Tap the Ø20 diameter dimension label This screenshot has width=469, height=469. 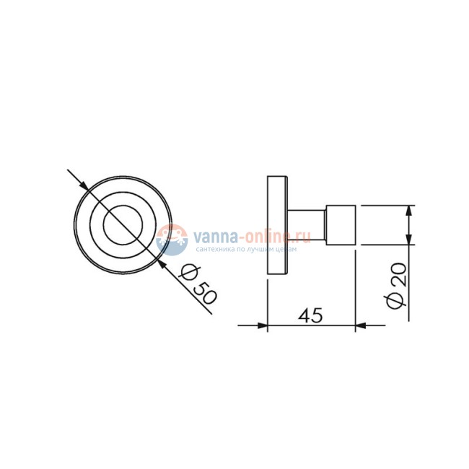(397, 284)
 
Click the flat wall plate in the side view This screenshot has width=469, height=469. (277, 225)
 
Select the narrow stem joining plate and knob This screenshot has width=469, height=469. (306, 225)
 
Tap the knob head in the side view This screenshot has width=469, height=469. (341, 225)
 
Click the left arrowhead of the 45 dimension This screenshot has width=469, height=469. (263, 325)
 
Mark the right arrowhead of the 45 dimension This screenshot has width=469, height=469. (360, 325)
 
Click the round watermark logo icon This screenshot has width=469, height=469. (172, 239)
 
